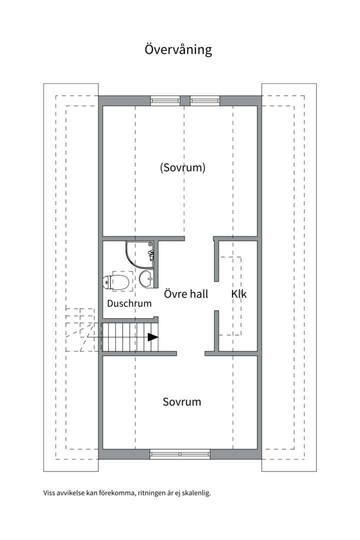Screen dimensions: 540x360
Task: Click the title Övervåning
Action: (x=178, y=50)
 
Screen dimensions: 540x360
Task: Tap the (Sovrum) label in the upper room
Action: (x=182, y=167)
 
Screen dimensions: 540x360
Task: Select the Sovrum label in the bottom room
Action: (x=182, y=401)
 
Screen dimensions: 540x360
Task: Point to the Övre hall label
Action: (x=186, y=294)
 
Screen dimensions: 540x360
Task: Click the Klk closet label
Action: (x=239, y=294)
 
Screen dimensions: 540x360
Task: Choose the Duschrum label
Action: (x=129, y=303)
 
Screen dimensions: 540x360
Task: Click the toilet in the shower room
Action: (x=112, y=282)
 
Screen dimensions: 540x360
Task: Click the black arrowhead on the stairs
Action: (x=153, y=337)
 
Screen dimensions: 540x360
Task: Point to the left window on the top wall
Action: (x=165, y=100)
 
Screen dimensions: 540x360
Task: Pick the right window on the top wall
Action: (x=204, y=100)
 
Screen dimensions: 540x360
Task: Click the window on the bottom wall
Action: (x=180, y=454)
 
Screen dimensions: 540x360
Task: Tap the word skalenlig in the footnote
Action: (x=196, y=493)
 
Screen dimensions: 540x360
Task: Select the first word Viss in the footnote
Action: (x=49, y=493)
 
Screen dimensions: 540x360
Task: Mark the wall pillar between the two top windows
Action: (x=185, y=100)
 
